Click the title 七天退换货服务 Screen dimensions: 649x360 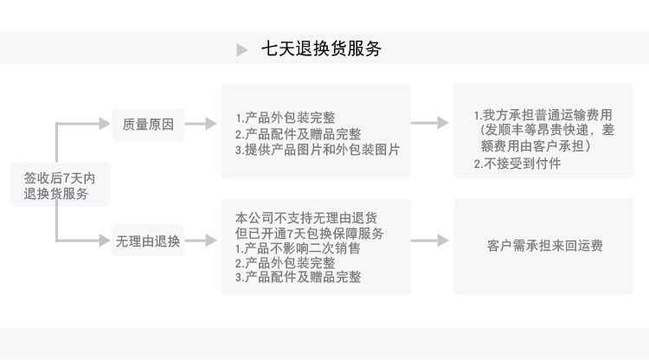[321, 49]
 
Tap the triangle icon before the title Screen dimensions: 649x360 [242, 50]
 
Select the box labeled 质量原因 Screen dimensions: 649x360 [148, 125]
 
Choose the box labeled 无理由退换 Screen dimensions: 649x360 [148, 241]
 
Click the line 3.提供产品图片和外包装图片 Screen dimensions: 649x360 [317, 149]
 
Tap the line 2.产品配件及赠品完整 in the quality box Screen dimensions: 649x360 [298, 133]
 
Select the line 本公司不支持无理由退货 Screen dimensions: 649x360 [311, 217]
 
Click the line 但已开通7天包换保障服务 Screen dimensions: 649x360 [310, 233]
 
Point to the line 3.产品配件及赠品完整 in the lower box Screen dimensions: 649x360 [298, 278]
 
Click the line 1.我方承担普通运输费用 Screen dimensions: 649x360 [543, 115]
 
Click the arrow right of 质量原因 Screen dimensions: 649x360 [200, 125]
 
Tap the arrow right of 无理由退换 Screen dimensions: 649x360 [200, 241]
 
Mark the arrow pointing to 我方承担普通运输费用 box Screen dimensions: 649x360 [430, 124]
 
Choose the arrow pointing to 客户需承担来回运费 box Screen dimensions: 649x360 [430, 241]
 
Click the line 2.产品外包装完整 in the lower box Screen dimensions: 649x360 [286, 263]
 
